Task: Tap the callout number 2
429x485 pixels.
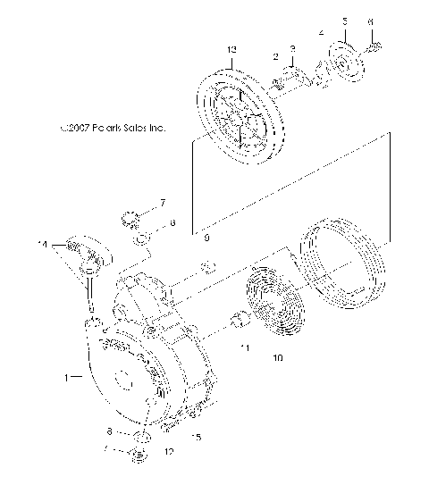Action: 275,55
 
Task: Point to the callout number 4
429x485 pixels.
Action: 322,33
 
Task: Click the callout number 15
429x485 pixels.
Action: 197,437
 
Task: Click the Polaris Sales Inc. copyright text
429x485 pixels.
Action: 113,128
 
